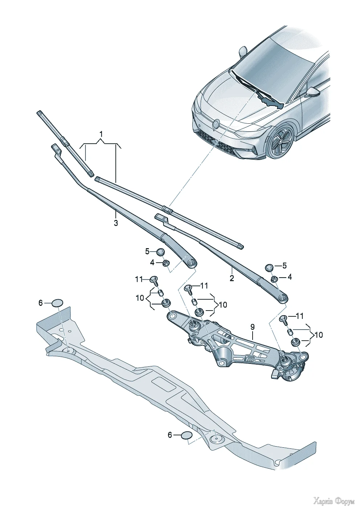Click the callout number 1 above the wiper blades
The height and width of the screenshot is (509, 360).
tap(101, 134)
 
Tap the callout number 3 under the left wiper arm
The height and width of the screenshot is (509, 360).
tap(116, 223)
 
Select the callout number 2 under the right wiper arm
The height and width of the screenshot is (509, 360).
tap(232, 278)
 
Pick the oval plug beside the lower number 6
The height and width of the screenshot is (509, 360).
tap(187, 435)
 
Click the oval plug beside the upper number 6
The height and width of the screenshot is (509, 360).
tap(57, 303)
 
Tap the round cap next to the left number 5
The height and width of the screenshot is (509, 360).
tap(161, 252)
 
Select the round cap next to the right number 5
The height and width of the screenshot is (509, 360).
tap(270, 267)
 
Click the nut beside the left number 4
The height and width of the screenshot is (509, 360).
tap(166, 263)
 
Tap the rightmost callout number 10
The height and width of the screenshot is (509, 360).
tap(319, 335)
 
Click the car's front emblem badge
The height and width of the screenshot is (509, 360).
tap(215, 124)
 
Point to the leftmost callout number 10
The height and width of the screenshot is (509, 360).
tap(140, 298)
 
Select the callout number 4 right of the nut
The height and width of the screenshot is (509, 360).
tap(289, 277)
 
